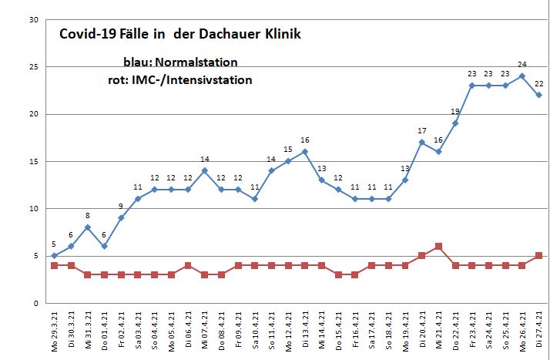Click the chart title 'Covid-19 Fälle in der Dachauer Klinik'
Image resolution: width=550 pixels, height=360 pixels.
(x=180, y=35)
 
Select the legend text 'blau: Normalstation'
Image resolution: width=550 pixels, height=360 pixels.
(x=180, y=62)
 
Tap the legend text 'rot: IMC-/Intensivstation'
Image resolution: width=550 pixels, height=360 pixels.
(x=180, y=79)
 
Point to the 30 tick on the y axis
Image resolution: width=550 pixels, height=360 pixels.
(x=33, y=20)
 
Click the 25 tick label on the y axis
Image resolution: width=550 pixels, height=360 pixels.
(x=33, y=67)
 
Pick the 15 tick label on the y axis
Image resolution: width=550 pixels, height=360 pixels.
(x=33, y=162)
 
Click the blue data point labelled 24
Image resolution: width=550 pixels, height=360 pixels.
(x=522, y=76)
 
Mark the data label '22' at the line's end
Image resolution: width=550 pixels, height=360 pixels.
(x=539, y=83)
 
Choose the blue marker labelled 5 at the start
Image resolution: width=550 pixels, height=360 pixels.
(x=54, y=256)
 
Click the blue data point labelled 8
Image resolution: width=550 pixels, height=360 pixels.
(x=87, y=227)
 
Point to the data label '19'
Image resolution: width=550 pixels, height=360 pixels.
(x=455, y=112)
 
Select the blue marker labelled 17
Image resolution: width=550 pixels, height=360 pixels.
(x=422, y=142)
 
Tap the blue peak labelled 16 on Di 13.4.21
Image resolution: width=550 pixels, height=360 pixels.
(x=305, y=152)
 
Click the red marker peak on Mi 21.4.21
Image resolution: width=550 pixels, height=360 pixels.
(x=438, y=247)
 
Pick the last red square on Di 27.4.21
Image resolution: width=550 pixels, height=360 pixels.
(x=539, y=256)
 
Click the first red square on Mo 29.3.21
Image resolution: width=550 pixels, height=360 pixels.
(x=54, y=265)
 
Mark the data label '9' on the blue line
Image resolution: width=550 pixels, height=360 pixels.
(x=121, y=206)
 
